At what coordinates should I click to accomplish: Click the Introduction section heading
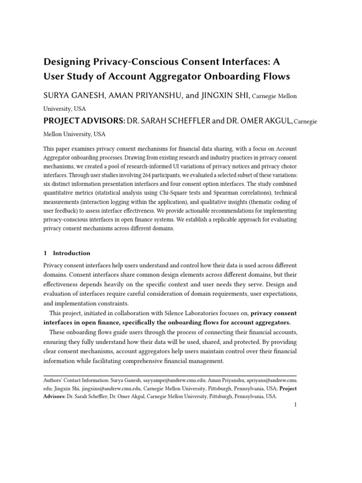coord(72,253)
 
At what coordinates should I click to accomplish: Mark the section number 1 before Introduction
coord(45,253)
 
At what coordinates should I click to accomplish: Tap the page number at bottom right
coord(295,405)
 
